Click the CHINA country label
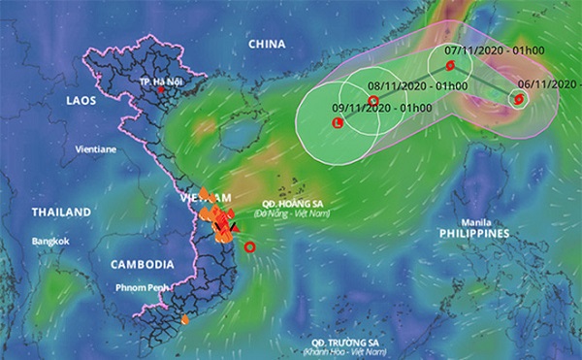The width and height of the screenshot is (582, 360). [266, 45]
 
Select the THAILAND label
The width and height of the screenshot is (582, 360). [61, 212]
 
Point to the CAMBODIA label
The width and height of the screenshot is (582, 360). [142, 264]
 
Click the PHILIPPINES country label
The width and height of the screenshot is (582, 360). [473, 235]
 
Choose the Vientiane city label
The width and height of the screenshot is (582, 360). [96, 150]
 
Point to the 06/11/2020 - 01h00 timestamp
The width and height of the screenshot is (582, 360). [546, 83]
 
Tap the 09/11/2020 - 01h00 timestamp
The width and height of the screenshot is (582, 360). [368, 107]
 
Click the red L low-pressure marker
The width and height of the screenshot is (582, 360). [337, 123]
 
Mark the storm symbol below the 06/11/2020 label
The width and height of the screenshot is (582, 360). [521, 98]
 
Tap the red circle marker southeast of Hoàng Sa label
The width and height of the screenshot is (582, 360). [250, 247]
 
